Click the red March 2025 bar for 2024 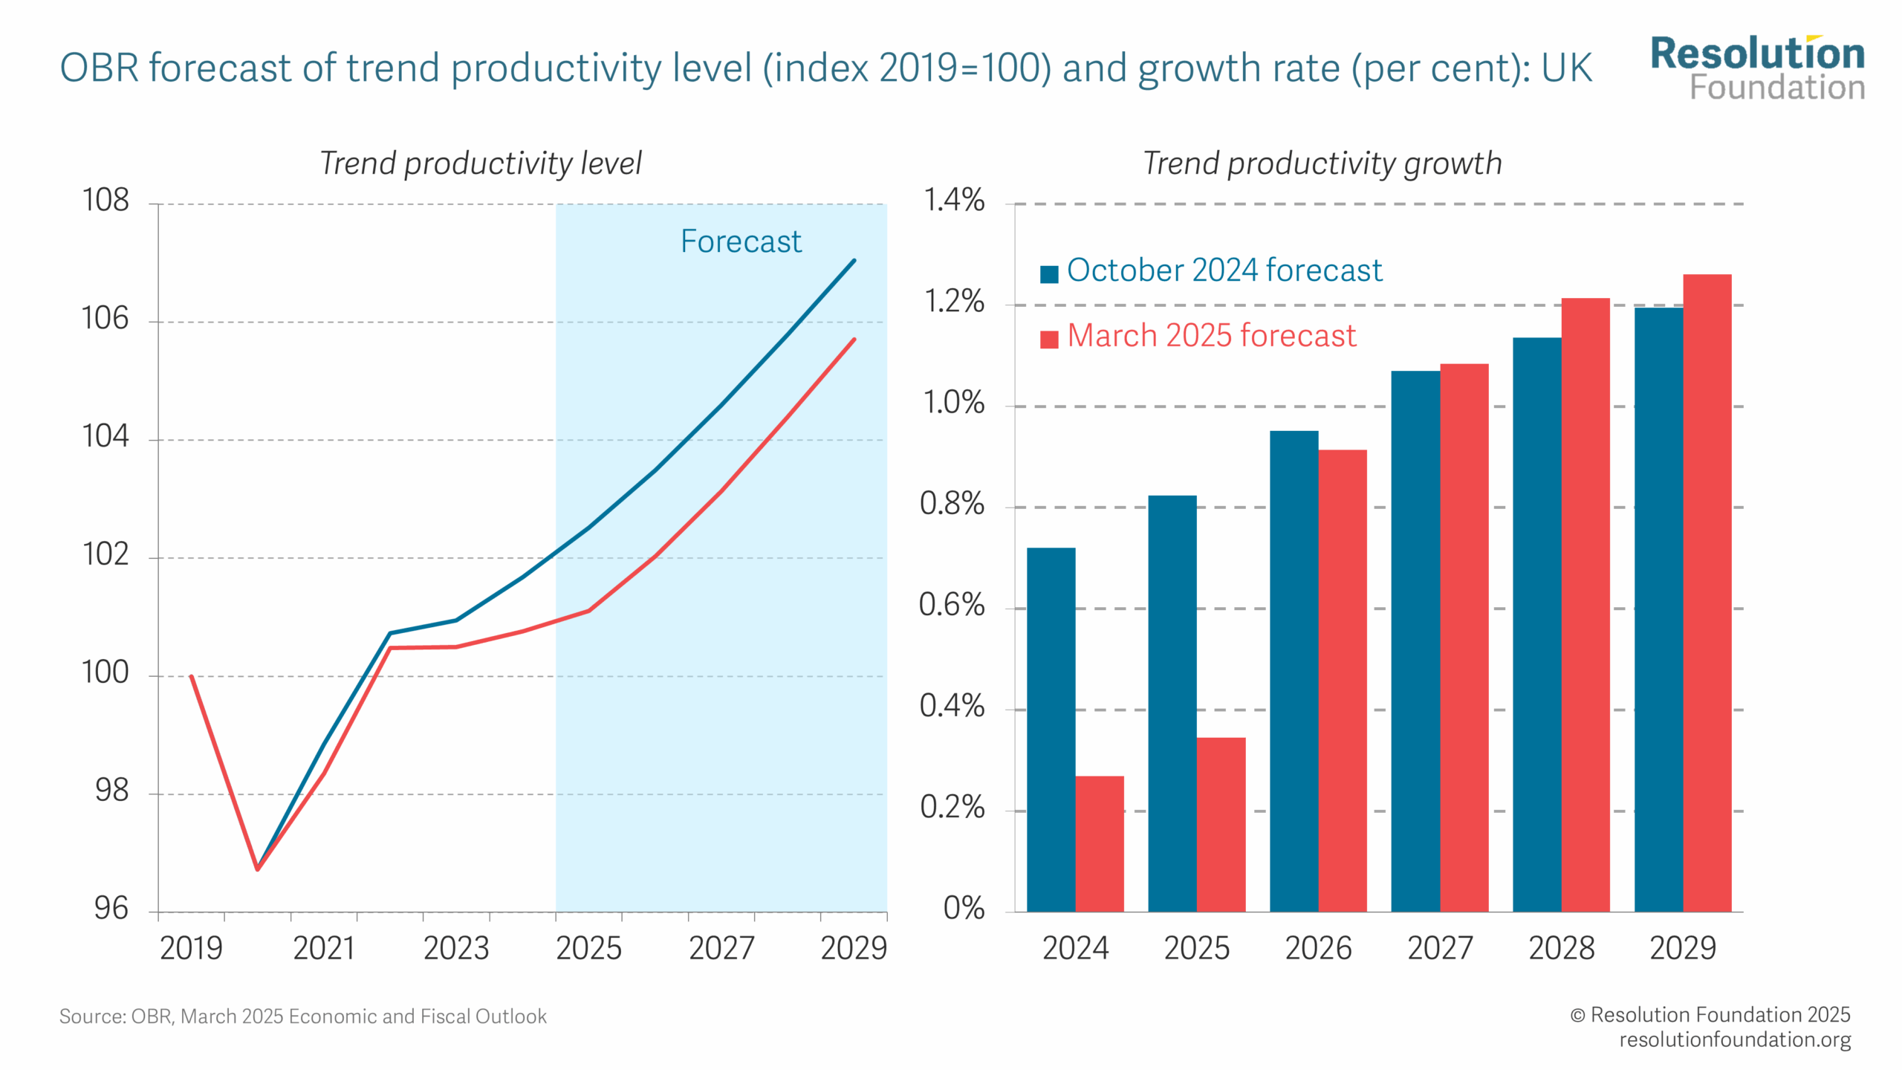point(1099,843)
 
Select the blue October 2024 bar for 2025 point(1172,703)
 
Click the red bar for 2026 point(1342,680)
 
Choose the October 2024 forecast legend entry point(1211,270)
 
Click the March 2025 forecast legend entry point(1198,336)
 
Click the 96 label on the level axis point(111,909)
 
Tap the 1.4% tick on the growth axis point(953,201)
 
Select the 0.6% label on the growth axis point(952,606)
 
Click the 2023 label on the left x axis point(455,949)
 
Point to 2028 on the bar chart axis point(1561,949)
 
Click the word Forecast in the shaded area point(741,241)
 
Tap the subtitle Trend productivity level point(480,163)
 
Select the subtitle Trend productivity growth point(1322,163)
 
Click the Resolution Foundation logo point(1757,68)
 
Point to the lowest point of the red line point(258,869)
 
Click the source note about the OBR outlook point(302,1016)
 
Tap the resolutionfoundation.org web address point(1734,1040)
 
